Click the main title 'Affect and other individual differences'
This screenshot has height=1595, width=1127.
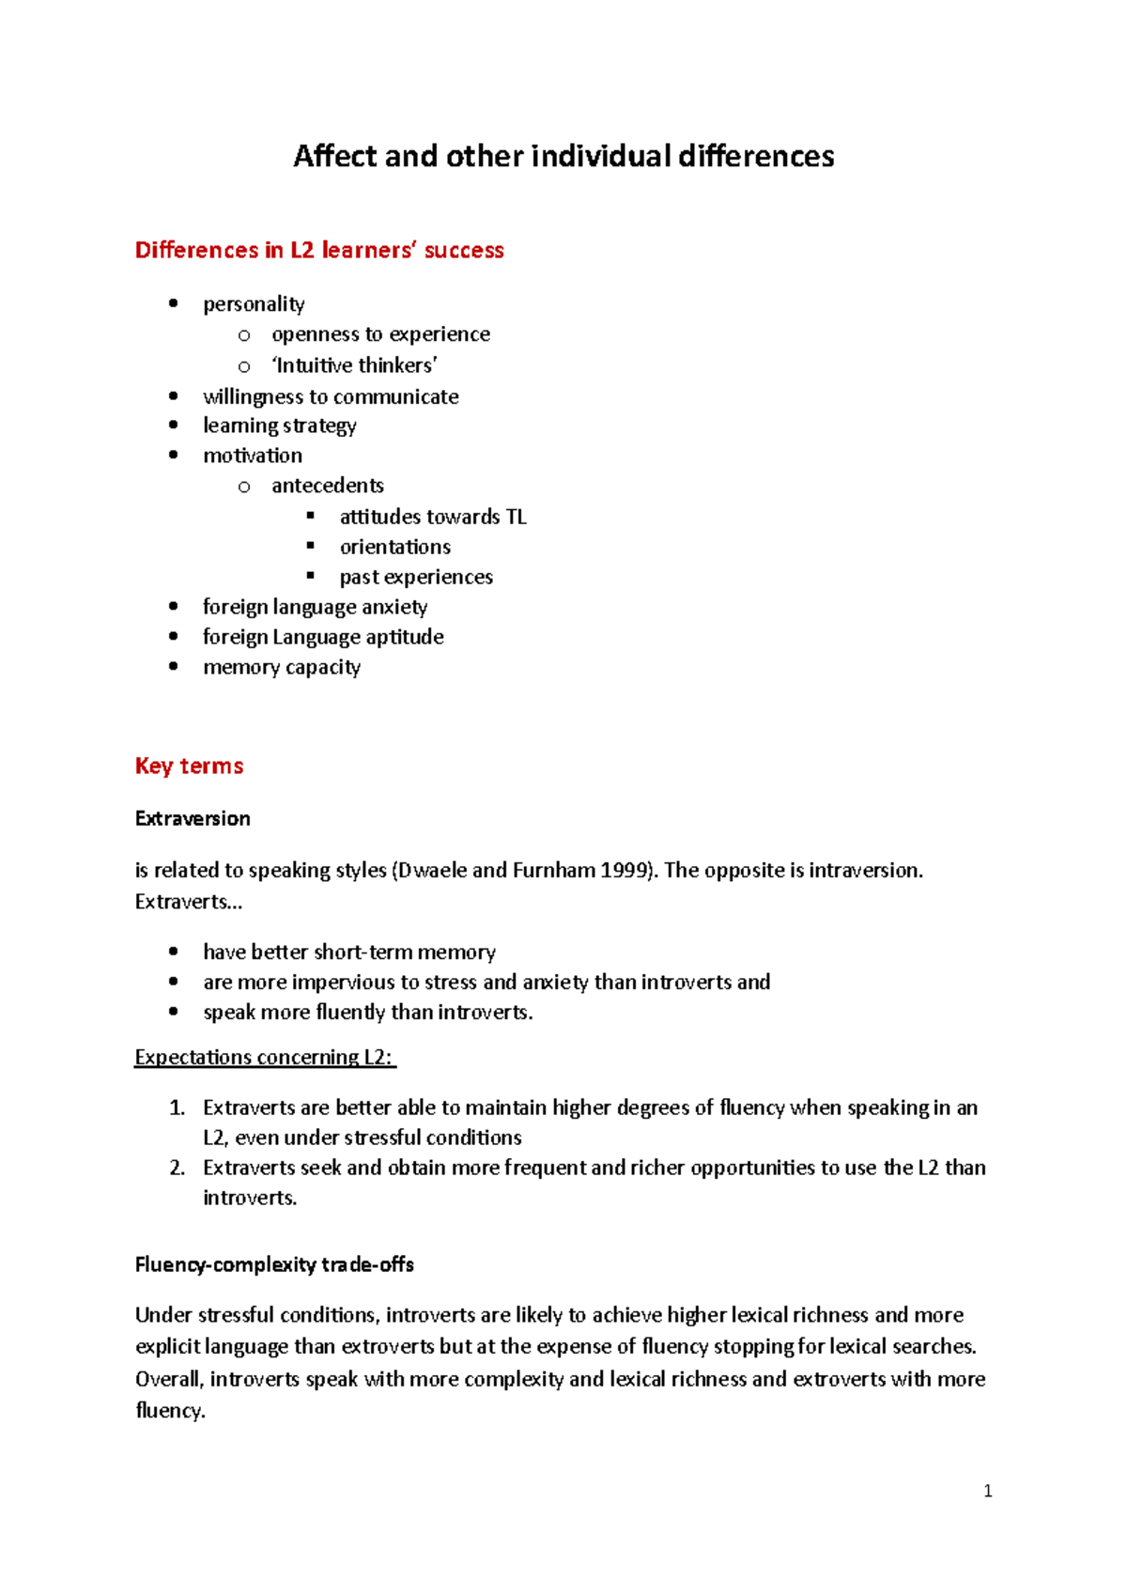click(563, 156)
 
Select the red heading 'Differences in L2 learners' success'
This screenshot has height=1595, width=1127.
click(319, 250)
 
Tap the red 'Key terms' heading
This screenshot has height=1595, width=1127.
click(189, 766)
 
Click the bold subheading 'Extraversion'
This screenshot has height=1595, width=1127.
click(193, 818)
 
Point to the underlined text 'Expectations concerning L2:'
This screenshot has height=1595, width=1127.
click(265, 1057)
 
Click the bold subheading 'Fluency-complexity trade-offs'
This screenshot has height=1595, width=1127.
click(274, 1264)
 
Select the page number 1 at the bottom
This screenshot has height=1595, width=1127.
click(987, 1491)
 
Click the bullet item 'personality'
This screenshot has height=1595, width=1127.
click(254, 304)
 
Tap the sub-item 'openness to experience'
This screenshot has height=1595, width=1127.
click(380, 334)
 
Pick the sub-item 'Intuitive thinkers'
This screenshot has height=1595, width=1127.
click(354, 365)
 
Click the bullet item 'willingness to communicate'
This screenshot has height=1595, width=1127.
click(331, 396)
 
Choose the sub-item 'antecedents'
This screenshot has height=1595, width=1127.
click(328, 486)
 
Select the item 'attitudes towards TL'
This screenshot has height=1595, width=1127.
click(433, 517)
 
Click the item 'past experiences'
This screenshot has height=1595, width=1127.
click(416, 577)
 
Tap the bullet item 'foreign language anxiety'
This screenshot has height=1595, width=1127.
click(315, 607)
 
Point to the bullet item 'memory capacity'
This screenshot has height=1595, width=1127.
click(282, 667)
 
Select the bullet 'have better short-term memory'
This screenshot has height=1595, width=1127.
click(349, 952)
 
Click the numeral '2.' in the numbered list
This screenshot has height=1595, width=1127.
click(178, 1168)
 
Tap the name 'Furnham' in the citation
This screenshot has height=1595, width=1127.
click(554, 870)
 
